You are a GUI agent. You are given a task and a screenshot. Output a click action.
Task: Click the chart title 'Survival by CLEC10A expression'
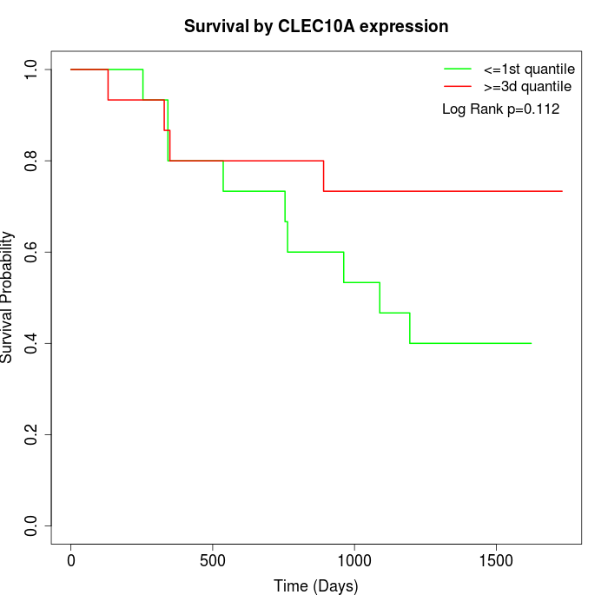click(x=316, y=27)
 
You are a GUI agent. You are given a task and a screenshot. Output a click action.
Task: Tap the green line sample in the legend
click(x=458, y=69)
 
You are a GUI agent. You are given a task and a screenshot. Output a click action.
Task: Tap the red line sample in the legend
click(x=458, y=86)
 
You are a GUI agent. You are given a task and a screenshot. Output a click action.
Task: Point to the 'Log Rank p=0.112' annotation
click(x=500, y=109)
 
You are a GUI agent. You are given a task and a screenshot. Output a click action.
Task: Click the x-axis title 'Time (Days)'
click(x=316, y=587)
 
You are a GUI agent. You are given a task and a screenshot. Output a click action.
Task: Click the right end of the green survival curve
click(x=531, y=343)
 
